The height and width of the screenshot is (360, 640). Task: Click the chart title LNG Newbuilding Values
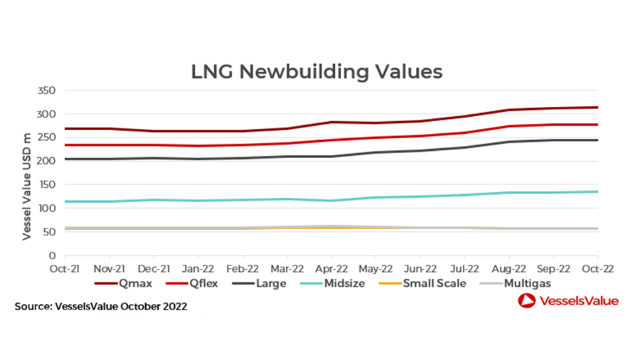pos(317,71)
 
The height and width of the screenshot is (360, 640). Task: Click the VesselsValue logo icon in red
pos(525,301)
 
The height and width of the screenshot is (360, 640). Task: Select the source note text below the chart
pos(101,307)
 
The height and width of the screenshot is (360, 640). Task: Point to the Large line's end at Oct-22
pos(597,140)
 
